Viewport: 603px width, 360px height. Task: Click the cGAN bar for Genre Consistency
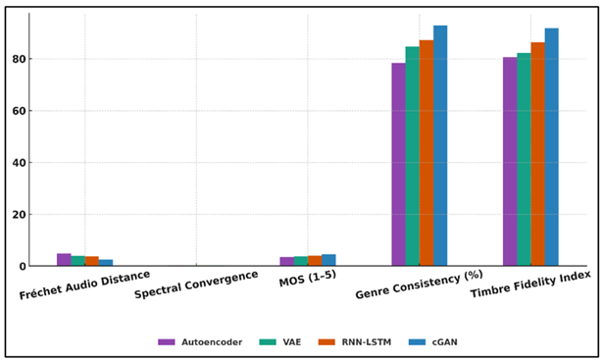click(x=440, y=146)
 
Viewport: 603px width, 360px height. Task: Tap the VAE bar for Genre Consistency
click(x=412, y=157)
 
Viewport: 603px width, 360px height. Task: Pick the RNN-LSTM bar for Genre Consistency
click(x=426, y=153)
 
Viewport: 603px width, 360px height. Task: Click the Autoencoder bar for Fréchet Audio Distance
click(x=64, y=260)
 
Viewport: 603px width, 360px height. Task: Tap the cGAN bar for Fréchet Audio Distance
click(x=106, y=263)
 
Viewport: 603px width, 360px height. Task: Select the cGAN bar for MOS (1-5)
click(x=328, y=261)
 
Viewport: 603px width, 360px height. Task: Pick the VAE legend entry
click(x=276, y=342)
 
